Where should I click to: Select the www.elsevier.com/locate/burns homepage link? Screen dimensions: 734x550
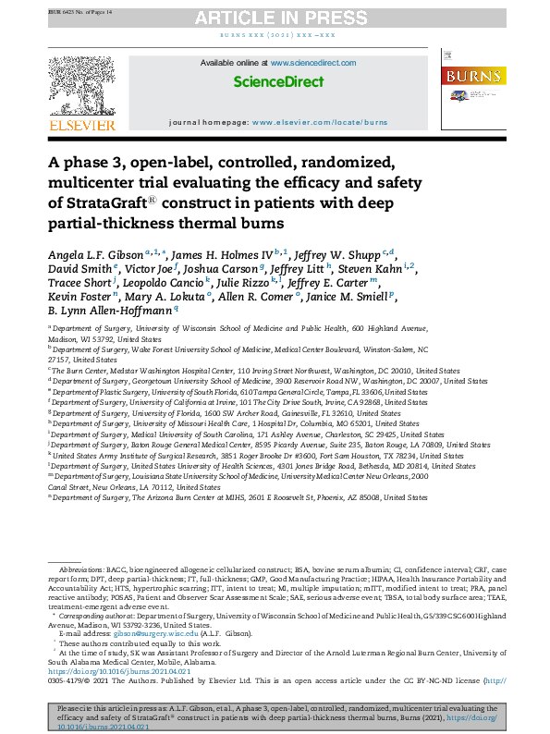[319, 122]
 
